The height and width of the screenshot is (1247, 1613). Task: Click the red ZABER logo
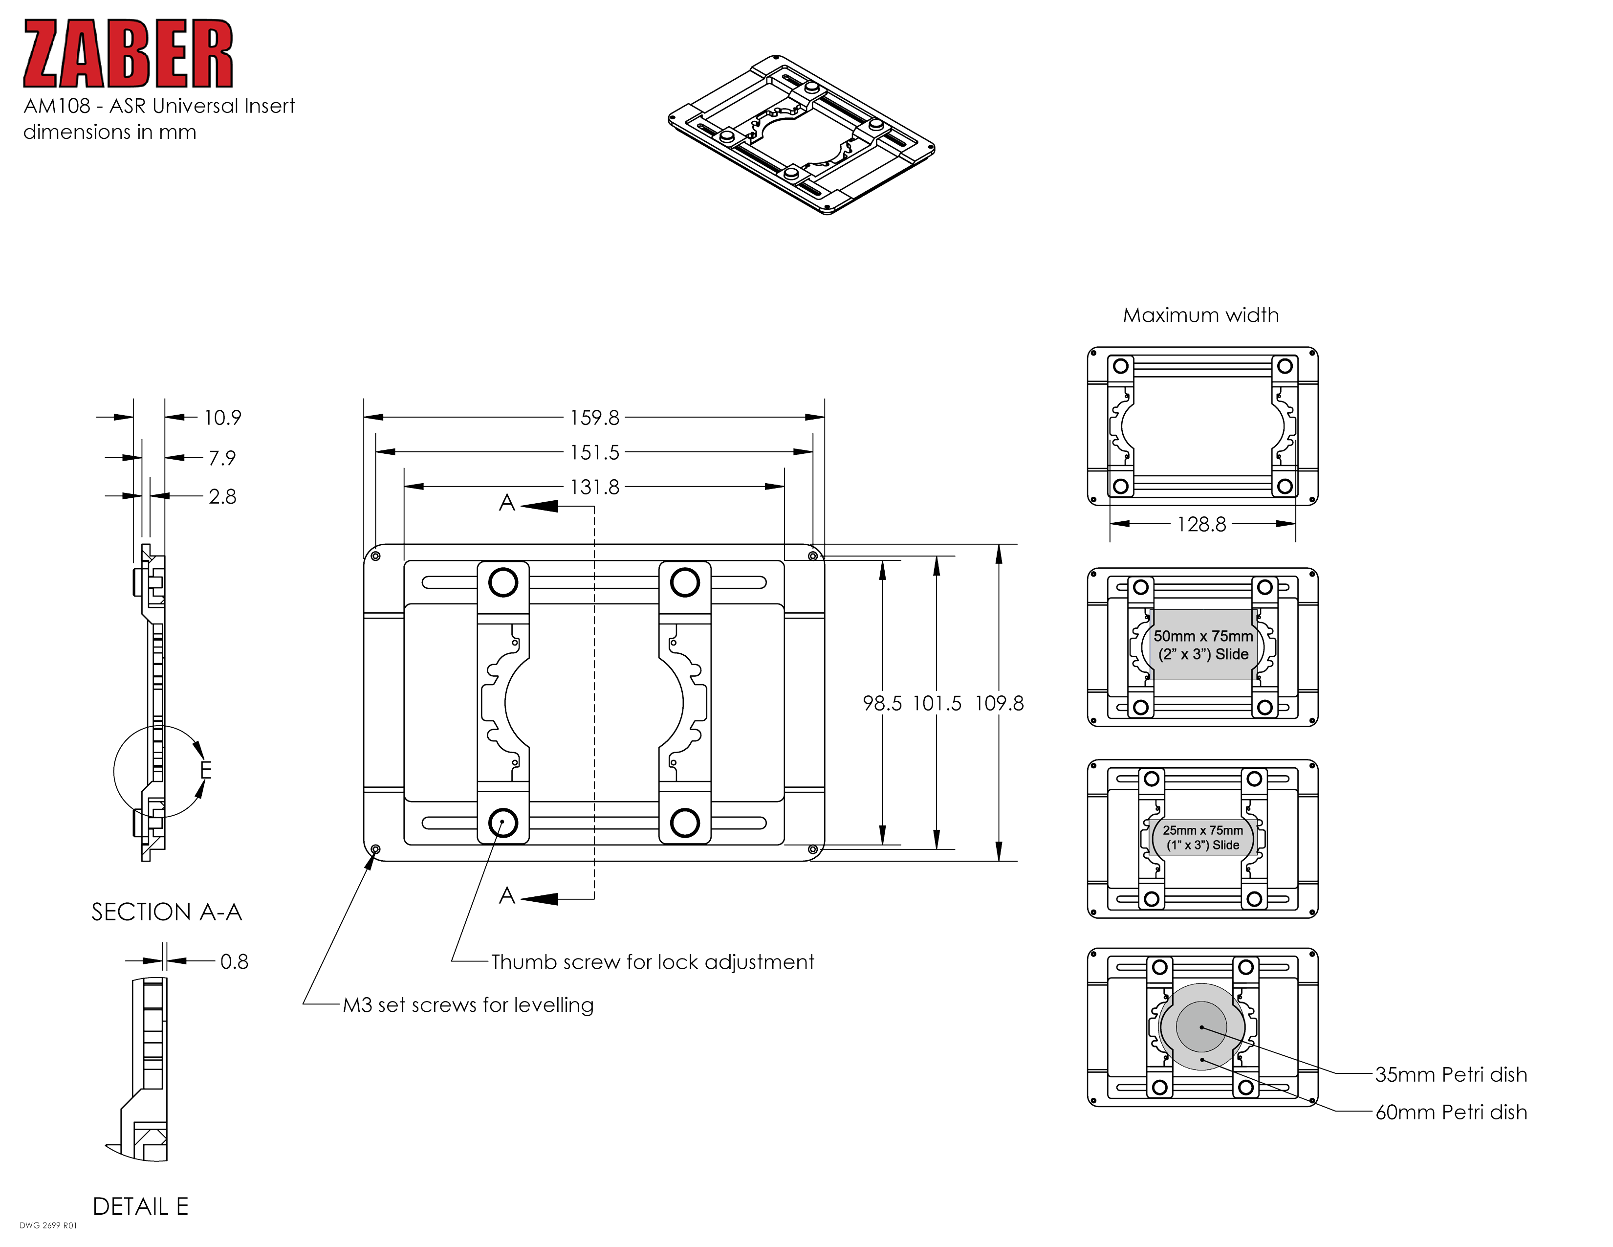click(128, 54)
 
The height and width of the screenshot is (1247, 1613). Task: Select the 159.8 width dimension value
click(594, 418)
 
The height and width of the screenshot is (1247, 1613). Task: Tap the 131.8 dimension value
click(594, 488)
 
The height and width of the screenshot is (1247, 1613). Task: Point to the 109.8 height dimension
click(999, 703)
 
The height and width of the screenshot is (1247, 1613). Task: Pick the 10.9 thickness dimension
click(222, 418)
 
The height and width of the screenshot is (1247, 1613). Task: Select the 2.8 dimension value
click(222, 496)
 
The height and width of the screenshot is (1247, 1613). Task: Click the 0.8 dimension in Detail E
click(234, 961)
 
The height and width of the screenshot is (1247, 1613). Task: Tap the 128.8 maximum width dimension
click(1201, 525)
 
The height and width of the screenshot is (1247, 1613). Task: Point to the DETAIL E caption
click(140, 1206)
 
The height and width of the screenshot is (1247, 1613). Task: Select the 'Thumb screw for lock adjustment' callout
click(652, 962)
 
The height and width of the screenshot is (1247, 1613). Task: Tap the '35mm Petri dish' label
click(1451, 1075)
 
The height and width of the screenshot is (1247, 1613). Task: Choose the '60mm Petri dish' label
click(1451, 1113)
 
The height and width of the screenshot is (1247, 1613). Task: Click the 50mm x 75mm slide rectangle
click(1202, 645)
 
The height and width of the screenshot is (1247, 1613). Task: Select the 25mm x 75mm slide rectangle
click(1202, 837)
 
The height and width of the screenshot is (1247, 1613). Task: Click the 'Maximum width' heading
click(1201, 315)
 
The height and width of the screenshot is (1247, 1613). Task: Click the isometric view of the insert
click(801, 134)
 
